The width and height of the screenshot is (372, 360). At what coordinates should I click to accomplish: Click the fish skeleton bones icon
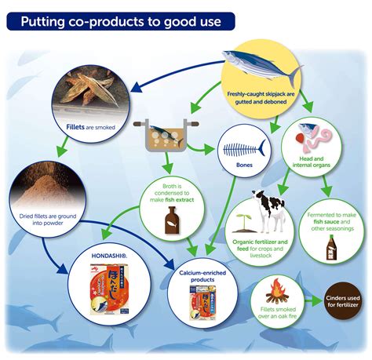coord(244,148)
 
